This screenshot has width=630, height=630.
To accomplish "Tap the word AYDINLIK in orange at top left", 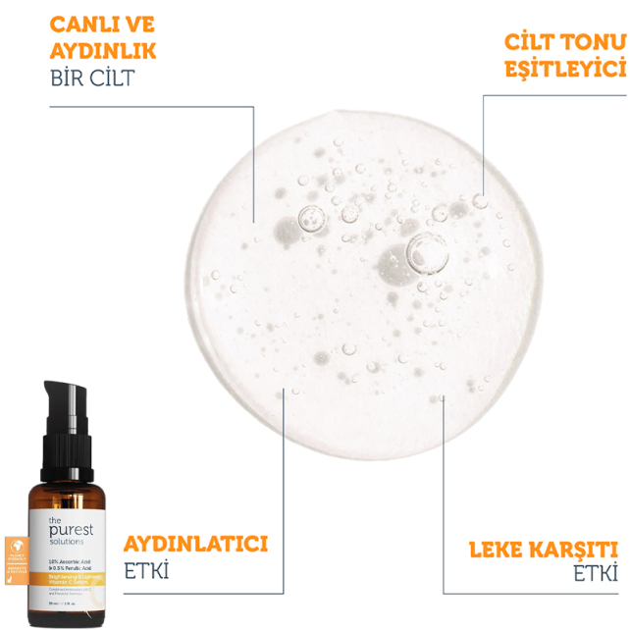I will coord(103,48).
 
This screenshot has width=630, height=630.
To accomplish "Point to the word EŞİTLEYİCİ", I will coord(564,68).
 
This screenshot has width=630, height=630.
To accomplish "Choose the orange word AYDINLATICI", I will coord(195,544).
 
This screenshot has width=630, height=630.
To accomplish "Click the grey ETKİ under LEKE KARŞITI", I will coord(595,575).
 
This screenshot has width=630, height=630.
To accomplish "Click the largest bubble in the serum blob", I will coord(427,254).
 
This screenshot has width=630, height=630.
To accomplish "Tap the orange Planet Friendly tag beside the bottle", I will coord(17,554).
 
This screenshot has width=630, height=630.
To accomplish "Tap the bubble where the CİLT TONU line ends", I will coord(480,200).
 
